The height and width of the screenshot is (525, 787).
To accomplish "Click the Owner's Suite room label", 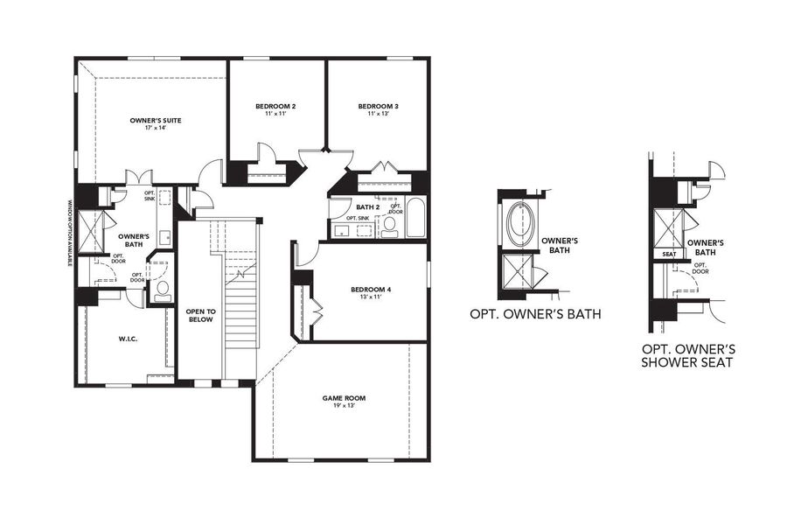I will coord(155,119).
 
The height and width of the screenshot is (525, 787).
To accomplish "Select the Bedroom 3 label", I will coord(377,106).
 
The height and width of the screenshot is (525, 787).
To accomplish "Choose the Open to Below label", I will coord(200,315).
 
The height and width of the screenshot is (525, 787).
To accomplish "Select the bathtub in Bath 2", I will coord(416,219).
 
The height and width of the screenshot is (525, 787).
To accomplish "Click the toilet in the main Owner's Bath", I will coord(162,291).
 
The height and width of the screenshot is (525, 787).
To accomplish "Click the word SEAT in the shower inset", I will coord(669,254).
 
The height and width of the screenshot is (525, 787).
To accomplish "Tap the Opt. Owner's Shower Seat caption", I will coord(682,353).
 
